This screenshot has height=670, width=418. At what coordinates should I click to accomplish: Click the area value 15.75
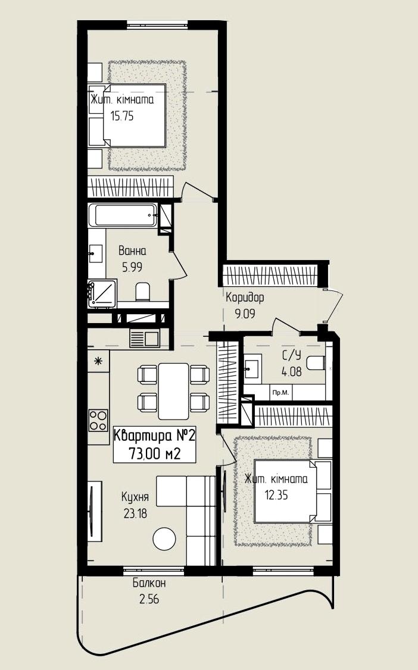[122, 116]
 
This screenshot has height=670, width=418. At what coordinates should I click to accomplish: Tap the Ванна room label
[132, 251]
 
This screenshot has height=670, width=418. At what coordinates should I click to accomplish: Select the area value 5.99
[132, 267]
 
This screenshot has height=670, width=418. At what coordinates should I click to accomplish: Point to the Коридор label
[245, 297]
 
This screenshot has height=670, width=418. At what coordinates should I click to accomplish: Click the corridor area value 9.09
[245, 314]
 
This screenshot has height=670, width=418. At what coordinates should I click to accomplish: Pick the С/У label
[292, 355]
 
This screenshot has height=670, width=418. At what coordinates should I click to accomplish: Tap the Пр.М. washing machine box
[280, 393]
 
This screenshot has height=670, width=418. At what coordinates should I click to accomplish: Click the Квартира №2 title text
[154, 436]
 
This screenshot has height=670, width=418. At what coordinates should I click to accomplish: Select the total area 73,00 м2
[154, 454]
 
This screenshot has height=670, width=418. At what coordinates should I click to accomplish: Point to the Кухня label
[135, 497]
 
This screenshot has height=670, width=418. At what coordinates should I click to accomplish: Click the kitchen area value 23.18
[135, 513]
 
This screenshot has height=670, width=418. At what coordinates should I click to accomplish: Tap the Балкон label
[149, 583]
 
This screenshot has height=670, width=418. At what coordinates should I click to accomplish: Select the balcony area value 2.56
[149, 599]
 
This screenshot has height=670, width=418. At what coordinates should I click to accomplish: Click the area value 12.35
[276, 495]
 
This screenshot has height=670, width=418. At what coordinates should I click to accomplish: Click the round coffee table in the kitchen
[164, 539]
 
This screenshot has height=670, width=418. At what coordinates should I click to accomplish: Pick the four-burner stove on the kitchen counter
[98, 421]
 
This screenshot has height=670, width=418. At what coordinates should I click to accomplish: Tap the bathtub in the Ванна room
[125, 215]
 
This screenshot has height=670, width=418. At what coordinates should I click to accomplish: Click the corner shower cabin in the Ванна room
[102, 293]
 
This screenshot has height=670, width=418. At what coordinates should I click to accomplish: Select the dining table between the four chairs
[173, 391]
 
